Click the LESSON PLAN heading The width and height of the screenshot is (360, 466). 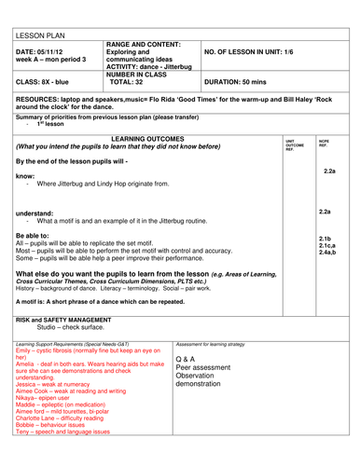(38, 28)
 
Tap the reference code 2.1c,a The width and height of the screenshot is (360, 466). (327, 245)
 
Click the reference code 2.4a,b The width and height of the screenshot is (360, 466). (327, 253)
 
